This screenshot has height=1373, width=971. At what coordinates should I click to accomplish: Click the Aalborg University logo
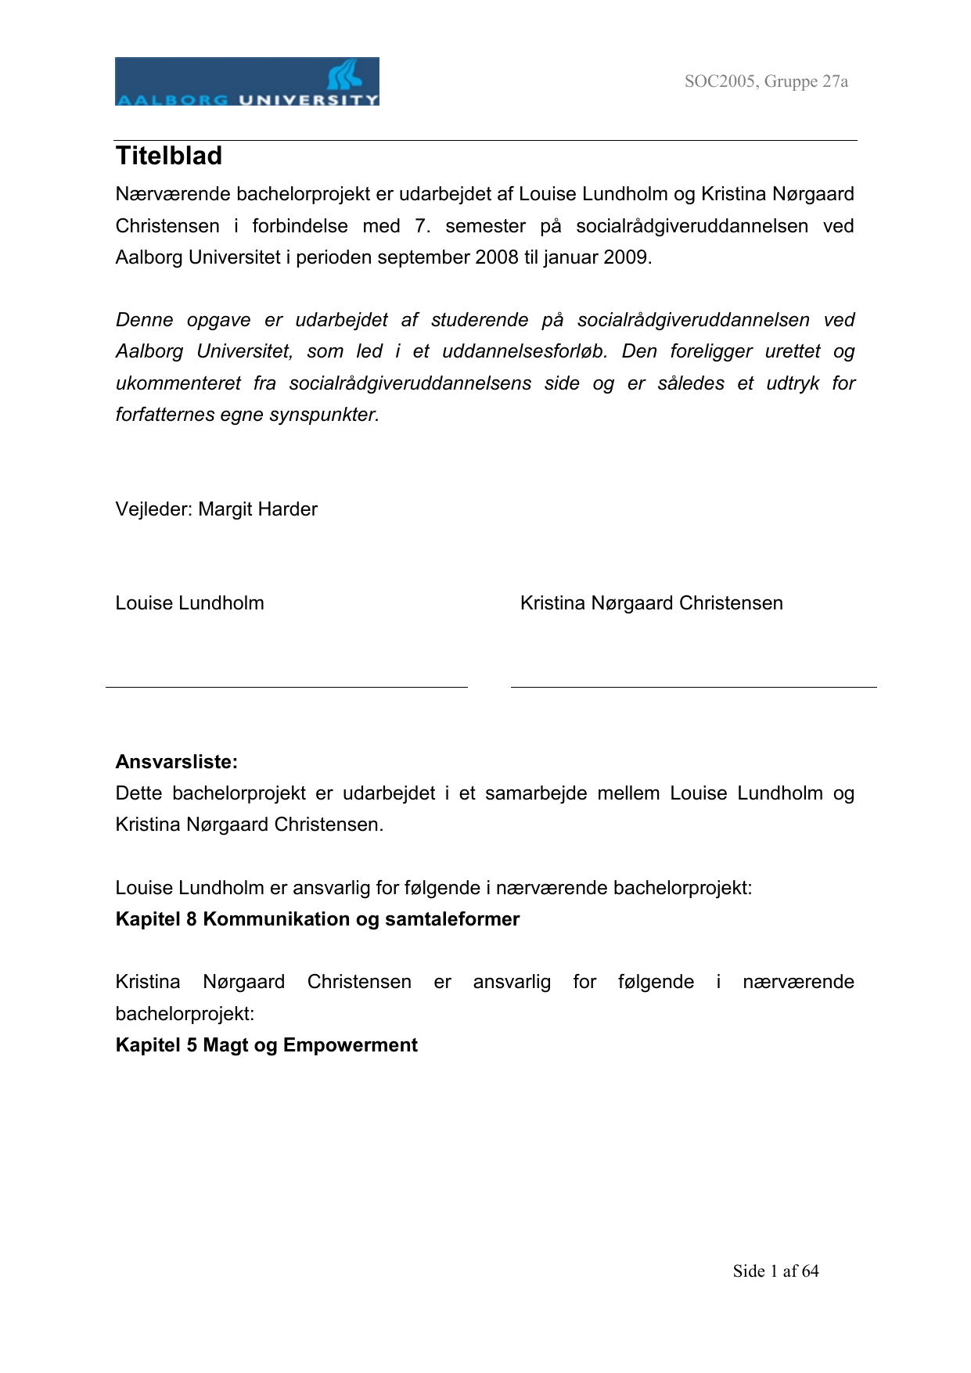point(246,81)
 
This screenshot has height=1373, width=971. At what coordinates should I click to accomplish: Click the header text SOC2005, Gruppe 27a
point(766,81)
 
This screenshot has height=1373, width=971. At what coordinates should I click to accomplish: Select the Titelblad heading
point(169,156)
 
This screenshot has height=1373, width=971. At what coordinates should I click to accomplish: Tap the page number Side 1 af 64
point(775,1271)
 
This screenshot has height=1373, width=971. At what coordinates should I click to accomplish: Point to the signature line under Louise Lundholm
point(286,687)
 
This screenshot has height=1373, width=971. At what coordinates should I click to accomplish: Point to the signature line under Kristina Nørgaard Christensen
point(693,687)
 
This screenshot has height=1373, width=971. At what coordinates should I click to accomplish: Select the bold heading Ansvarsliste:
point(177,762)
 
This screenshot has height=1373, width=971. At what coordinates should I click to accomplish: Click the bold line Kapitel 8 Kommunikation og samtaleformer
point(318,919)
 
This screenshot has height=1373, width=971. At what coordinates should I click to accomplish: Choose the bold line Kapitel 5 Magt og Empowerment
point(267,1045)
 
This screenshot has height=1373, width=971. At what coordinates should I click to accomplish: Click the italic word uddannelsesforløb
point(525,351)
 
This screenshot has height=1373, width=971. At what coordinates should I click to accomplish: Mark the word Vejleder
point(153,509)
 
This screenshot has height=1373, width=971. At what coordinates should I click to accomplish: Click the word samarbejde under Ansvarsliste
point(536,793)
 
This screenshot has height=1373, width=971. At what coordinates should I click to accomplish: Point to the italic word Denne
point(144,320)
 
